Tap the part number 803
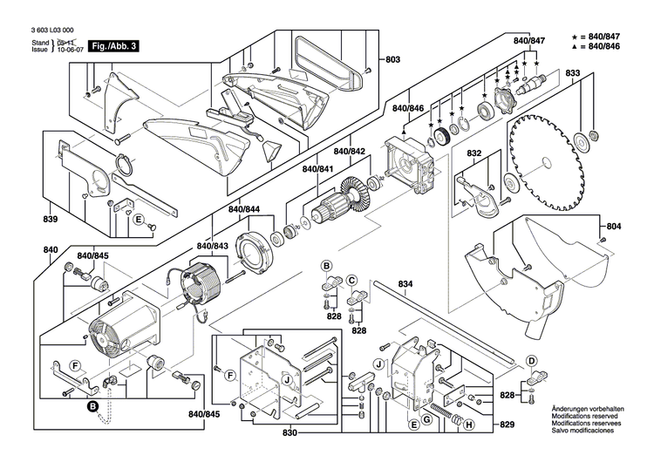tap(392, 59)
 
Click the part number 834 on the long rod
tap(405, 283)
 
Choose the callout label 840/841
tap(317, 167)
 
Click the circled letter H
tap(469, 426)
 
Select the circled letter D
tap(531, 360)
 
